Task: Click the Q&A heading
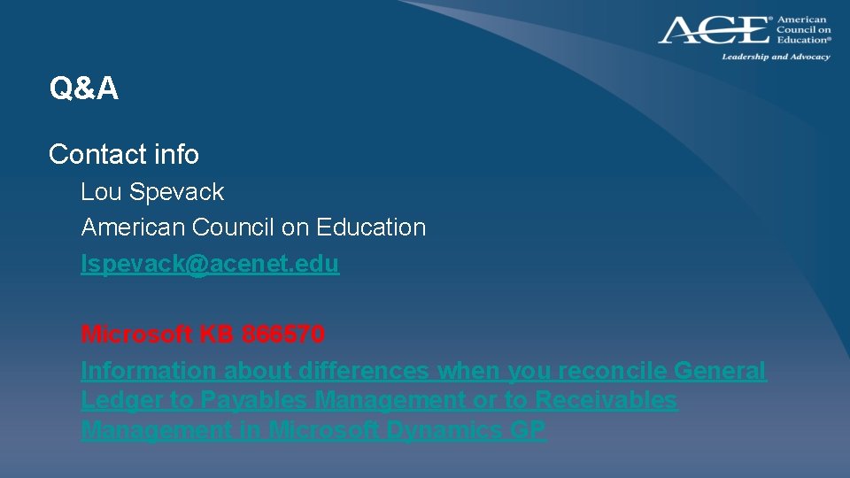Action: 84,89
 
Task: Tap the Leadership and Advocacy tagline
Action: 776,57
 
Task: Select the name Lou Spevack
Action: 152,192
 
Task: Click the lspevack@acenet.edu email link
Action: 210,264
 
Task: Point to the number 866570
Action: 282,335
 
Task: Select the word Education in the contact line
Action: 371,227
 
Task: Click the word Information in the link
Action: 148,371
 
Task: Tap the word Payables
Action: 254,400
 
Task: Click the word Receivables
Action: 606,400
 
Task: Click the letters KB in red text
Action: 216,335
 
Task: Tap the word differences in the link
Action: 364,371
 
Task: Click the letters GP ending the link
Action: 528,430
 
